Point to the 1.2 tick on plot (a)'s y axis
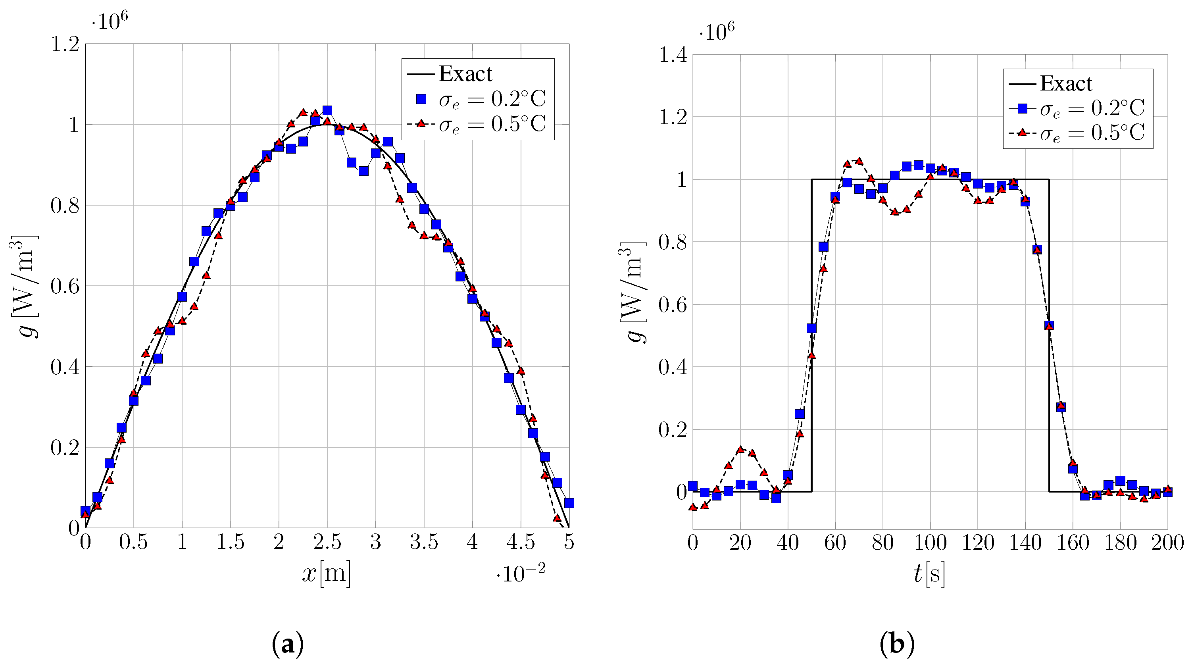[65, 45]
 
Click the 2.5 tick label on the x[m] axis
[327, 542]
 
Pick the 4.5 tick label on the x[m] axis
[520, 542]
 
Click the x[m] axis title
[326, 574]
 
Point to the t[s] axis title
[929, 574]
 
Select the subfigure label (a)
[288, 644]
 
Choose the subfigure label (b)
[897, 644]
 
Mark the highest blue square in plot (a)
[327, 110]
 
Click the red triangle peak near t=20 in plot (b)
[740, 449]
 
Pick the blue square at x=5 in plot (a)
[569, 503]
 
